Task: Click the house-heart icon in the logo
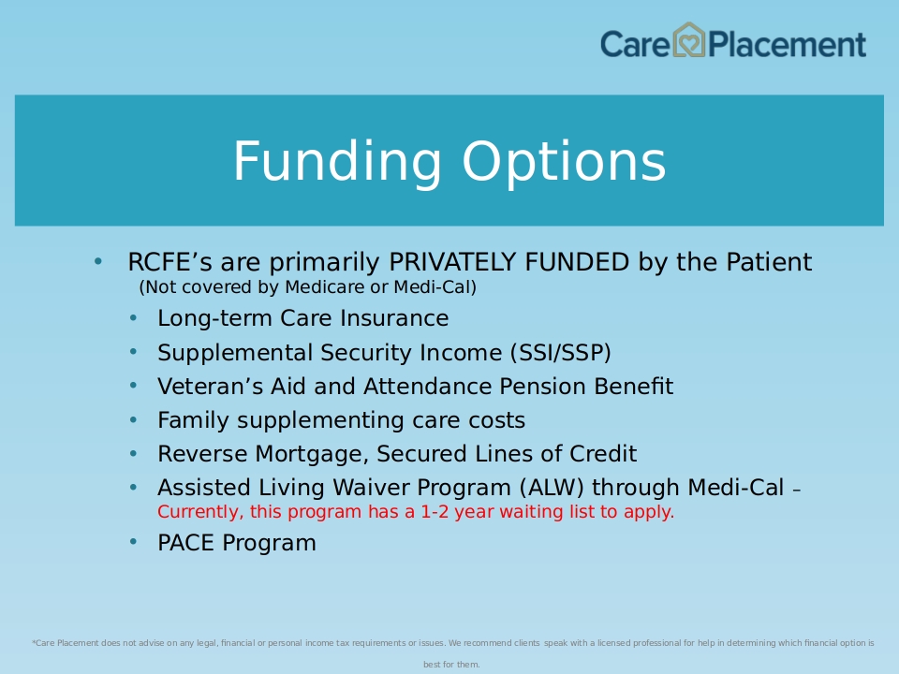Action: click(x=688, y=40)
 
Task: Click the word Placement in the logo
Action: click(x=787, y=44)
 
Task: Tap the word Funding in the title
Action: click(x=337, y=163)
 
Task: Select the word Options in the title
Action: click(x=564, y=163)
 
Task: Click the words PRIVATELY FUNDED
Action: click(x=509, y=262)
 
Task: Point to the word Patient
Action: click(x=769, y=262)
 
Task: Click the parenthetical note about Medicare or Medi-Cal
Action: click(x=308, y=286)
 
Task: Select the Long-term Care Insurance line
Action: click(x=302, y=318)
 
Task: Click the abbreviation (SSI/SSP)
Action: click(x=561, y=353)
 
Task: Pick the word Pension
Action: click(x=543, y=387)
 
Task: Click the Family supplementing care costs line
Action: click(x=341, y=420)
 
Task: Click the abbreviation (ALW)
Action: click(x=552, y=488)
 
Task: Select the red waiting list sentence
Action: click(x=416, y=511)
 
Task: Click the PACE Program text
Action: click(x=237, y=543)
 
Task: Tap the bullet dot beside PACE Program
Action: click(x=134, y=542)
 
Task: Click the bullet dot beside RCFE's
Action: click(x=98, y=261)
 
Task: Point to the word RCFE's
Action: click(x=169, y=262)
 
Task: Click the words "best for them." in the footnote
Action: click(x=451, y=665)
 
